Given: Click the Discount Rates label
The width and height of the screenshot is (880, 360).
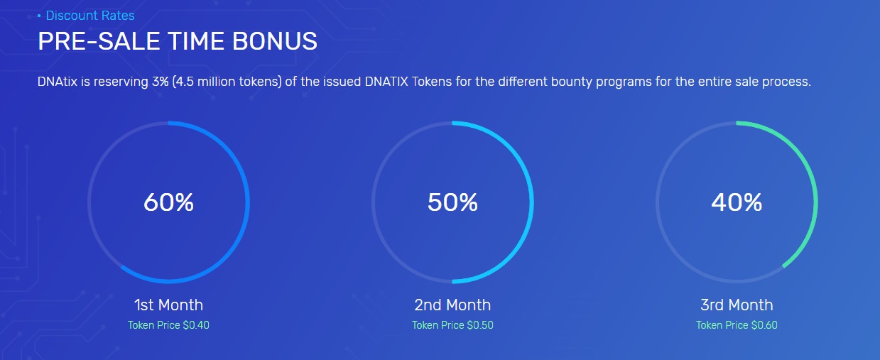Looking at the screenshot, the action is pyautogui.click(x=90, y=16).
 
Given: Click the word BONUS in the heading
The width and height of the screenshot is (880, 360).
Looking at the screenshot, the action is pyautogui.click(x=275, y=41).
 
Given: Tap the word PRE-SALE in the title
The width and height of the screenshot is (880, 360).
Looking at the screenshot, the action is pyautogui.click(x=99, y=41).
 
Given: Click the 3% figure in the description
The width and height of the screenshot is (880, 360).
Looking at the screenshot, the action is pyautogui.click(x=161, y=82).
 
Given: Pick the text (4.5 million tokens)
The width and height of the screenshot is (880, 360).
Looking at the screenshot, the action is pyautogui.click(x=227, y=82).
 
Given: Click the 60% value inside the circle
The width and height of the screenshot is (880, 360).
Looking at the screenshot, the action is pyautogui.click(x=168, y=202).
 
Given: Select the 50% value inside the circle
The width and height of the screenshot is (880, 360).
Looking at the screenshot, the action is pyautogui.click(x=452, y=202).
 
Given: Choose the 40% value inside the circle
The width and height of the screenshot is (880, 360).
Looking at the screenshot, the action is pyautogui.click(x=737, y=202).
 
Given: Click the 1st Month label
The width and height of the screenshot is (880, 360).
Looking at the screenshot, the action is pyautogui.click(x=168, y=305).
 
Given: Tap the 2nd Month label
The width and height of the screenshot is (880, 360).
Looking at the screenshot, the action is pyautogui.click(x=452, y=305).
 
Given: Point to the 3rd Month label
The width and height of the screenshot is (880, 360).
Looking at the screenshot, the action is pyautogui.click(x=737, y=305).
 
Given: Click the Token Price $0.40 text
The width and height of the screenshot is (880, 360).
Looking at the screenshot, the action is pyautogui.click(x=168, y=325).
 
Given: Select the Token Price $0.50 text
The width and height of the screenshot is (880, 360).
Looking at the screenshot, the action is pyautogui.click(x=452, y=325).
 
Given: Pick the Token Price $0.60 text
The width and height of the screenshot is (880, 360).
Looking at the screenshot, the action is pyautogui.click(x=737, y=325).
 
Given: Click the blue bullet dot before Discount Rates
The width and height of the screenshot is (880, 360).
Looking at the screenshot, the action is pyautogui.click(x=39, y=16).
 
